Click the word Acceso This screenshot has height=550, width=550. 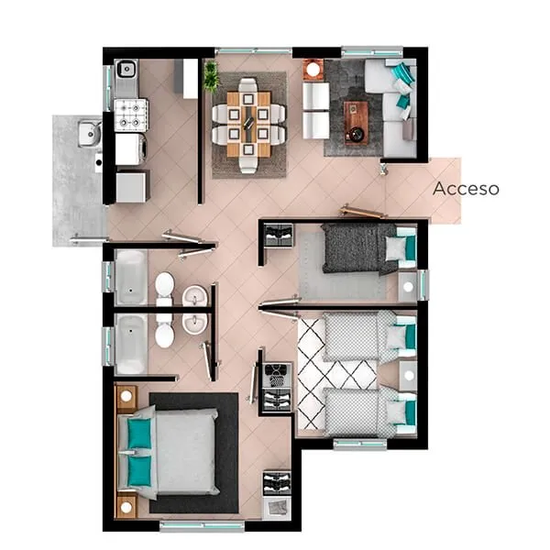point(466,188)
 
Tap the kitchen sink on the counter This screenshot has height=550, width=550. point(126,69)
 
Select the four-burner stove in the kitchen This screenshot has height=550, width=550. point(131,115)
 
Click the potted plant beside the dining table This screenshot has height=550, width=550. point(211,76)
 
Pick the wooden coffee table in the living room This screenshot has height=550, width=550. point(356,123)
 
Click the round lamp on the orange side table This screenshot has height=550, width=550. point(313,69)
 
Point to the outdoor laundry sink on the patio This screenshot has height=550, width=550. point(90,133)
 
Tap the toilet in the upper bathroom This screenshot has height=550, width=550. point(164,287)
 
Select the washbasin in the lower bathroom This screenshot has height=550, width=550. point(194,323)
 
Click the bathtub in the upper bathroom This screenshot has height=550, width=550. point(131,278)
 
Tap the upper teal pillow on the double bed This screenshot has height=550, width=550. point(139,434)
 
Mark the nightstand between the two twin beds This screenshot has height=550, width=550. point(408,376)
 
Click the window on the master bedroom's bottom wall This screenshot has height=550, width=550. point(202,526)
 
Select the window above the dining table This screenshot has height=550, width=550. point(253,51)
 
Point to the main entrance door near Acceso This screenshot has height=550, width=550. point(363,212)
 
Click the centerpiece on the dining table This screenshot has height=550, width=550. point(248,118)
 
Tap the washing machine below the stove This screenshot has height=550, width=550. point(130,149)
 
